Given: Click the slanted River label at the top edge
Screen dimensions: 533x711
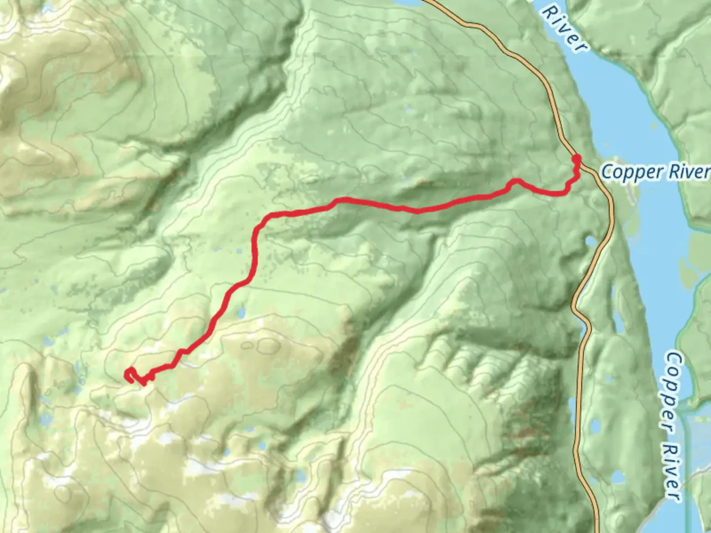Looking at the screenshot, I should (565, 27).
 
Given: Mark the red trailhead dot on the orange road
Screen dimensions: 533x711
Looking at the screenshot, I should (576, 158).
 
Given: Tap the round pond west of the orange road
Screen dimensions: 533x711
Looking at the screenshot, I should (591, 242).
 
